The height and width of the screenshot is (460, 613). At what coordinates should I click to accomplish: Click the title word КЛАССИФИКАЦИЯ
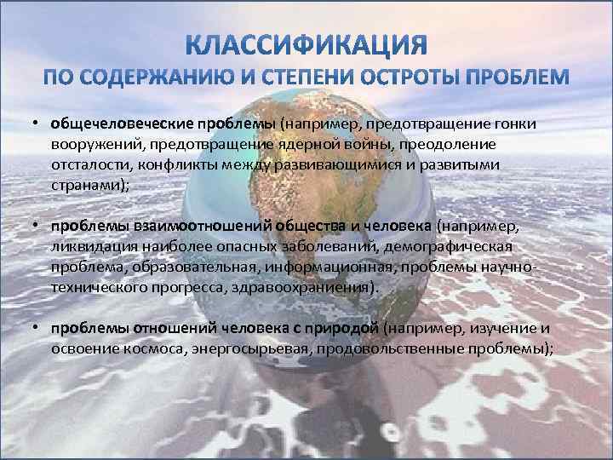tap(306, 45)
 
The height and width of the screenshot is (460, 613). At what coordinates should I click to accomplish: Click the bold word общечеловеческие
tap(122, 124)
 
